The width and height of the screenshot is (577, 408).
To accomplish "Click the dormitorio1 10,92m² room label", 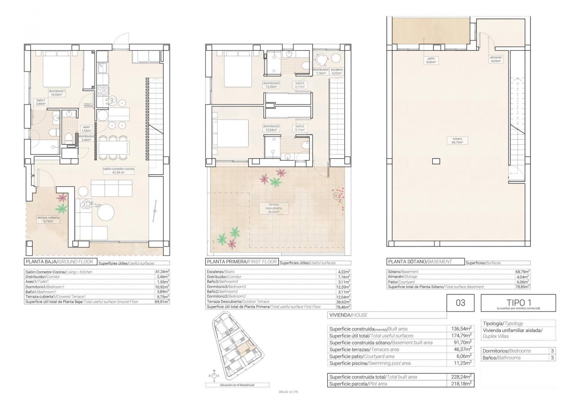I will pyautogui.click(x=57, y=93).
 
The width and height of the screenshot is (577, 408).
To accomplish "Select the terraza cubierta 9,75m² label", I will pyautogui.click(x=48, y=219).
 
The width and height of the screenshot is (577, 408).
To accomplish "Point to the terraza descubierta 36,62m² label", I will pyautogui.click(x=274, y=208).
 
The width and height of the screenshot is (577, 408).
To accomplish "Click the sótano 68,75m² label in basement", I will pyautogui.click(x=457, y=141).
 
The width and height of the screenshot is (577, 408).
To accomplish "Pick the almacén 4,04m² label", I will pyautogui.click(x=496, y=59).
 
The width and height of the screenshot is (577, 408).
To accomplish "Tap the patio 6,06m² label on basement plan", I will pyautogui.click(x=431, y=60).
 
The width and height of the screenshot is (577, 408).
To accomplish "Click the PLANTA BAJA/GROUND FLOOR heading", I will pyautogui.click(x=60, y=262).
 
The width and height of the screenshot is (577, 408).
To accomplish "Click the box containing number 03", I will pyautogui.click(x=461, y=303).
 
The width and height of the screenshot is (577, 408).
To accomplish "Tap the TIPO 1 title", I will pyautogui.click(x=518, y=303).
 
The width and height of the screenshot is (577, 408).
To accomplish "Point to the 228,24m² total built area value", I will pyautogui.click(x=461, y=377).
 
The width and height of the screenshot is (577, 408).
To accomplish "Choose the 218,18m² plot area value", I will pyautogui.click(x=461, y=384).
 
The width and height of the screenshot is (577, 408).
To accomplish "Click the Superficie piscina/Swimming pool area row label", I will pyautogui.click(x=370, y=363).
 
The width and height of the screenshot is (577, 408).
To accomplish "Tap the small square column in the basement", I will pyautogui.click(x=436, y=161).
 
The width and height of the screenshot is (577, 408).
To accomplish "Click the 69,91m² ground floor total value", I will pyautogui.click(x=162, y=302).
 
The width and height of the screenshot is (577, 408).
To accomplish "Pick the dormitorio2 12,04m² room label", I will pyautogui.click(x=271, y=128).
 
